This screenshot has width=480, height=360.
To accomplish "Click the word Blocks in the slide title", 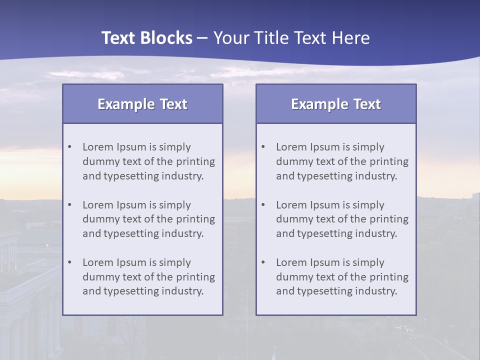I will pos(168,38).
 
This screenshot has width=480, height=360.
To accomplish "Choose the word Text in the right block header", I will pos(367,104).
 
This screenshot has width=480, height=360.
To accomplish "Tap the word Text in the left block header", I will pos(174,104).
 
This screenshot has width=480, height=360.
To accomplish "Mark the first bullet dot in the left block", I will pos(70,147).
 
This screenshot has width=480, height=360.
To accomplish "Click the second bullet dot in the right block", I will pos(263,205).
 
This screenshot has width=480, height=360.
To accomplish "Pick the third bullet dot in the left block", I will pos(70,262).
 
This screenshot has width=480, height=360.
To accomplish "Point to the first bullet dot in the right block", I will pos(263,147).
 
